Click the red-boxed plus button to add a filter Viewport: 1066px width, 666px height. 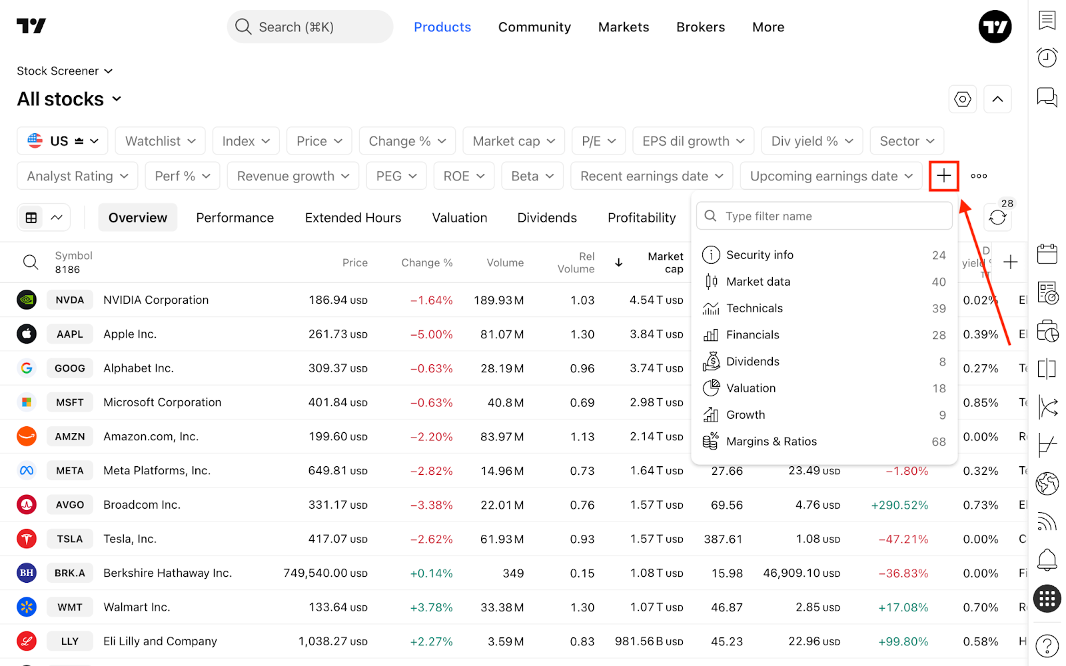pos(943,176)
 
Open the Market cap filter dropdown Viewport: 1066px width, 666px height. pos(514,141)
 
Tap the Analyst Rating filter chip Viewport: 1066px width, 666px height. pos(77,176)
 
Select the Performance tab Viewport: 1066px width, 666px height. pos(235,217)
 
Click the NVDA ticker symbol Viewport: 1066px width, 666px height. pos(69,300)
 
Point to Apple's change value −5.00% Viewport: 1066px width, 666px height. pos(431,334)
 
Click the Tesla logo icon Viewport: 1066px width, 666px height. pos(27,539)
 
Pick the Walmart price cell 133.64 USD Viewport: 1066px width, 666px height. pos(338,607)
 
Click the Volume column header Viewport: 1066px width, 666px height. pos(505,262)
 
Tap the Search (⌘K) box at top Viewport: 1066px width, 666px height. pos(310,27)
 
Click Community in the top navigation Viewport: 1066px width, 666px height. pos(534,27)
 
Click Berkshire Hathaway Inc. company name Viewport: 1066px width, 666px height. pos(167,573)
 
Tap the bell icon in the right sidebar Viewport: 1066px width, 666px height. pos(1047,560)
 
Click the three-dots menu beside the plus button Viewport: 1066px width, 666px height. pos(979,176)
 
